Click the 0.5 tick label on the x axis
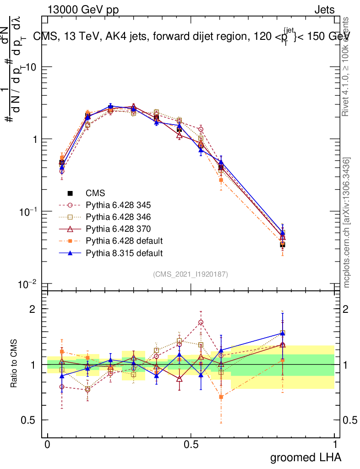(191, 445)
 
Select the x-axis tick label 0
(48, 445)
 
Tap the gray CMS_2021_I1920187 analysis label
(191, 274)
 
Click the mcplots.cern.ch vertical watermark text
(347, 223)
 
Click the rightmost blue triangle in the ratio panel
(283, 333)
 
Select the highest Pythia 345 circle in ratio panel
(201, 322)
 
